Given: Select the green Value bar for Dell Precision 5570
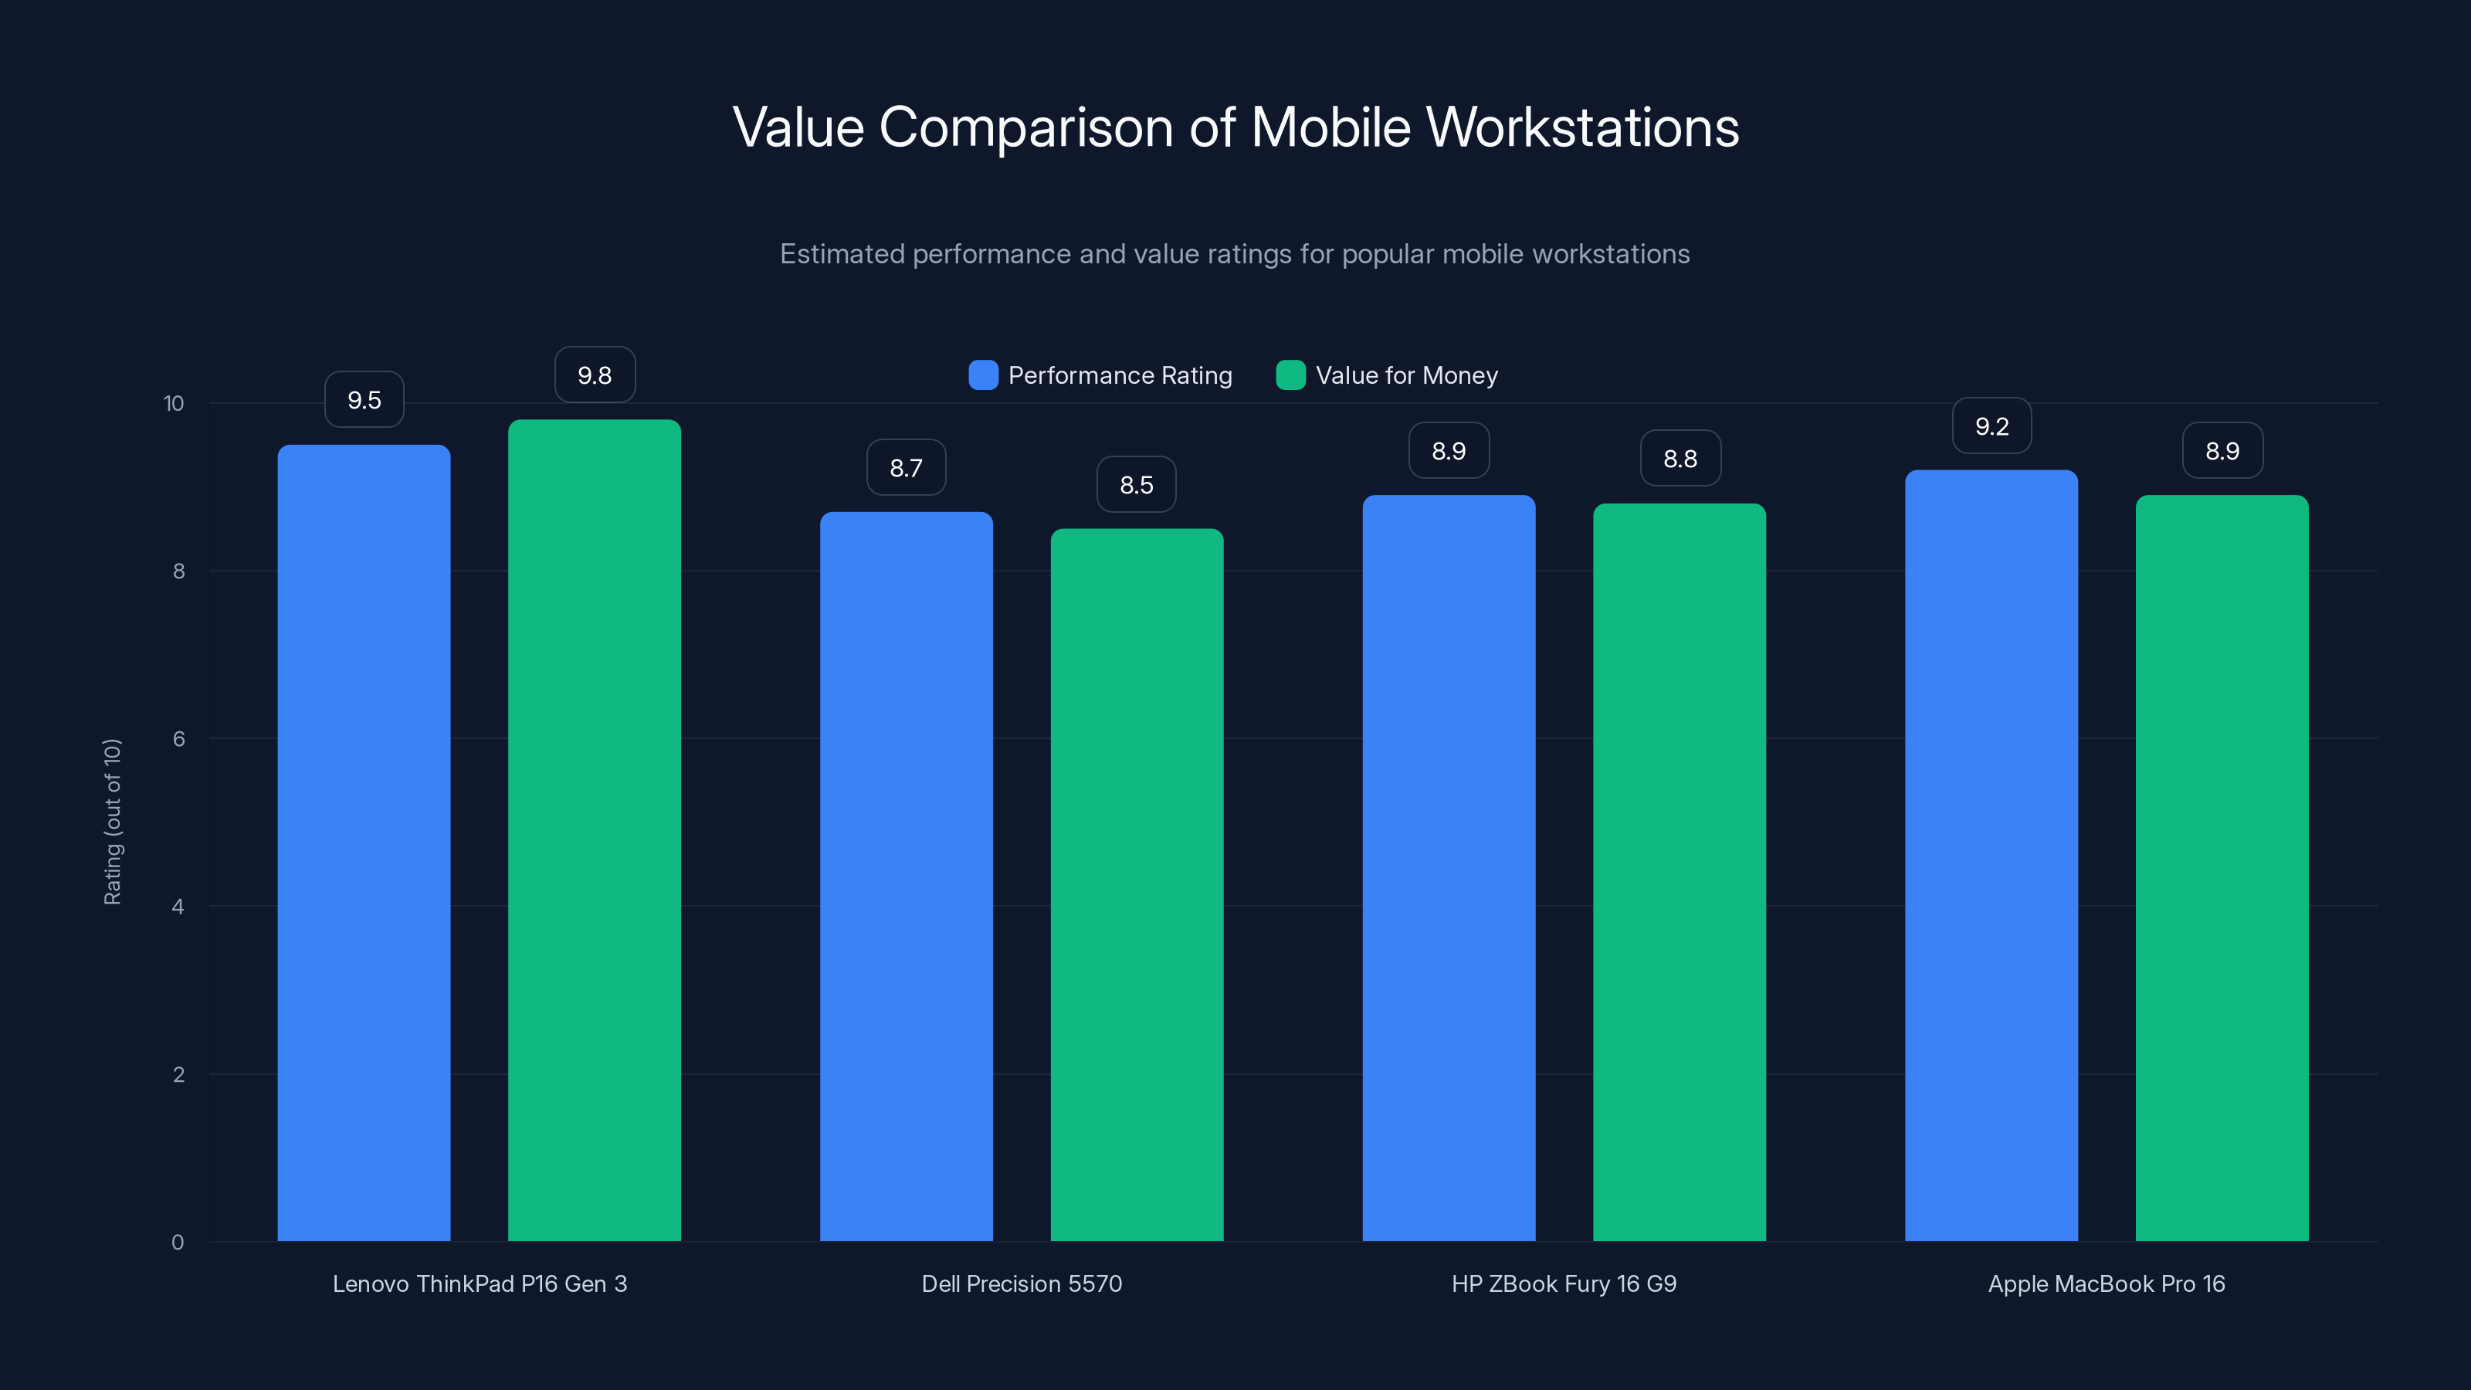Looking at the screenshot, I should point(1137,883).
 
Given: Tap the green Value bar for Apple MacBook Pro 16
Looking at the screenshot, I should point(2222,867).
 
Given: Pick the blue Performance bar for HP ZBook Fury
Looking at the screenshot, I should point(1449,867).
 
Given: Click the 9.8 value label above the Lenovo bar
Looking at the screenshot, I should point(595,375).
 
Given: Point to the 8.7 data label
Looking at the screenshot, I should point(906,468).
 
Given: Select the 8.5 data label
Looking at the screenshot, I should point(1137,486).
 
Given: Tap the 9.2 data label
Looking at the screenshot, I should point(1991,426).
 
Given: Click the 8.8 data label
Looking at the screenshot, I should point(1680,459).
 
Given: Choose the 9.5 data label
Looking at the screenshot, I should point(364,400).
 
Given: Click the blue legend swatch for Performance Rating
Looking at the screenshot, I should point(983,375).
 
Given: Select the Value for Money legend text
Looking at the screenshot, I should point(1406,375).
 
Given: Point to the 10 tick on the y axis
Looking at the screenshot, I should point(174,404).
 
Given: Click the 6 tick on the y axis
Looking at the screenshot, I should point(178,739).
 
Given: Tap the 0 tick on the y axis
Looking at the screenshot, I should point(178,1243).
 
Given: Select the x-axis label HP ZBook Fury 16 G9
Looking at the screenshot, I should point(1564,1283).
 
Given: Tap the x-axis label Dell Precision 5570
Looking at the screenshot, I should point(1022,1283).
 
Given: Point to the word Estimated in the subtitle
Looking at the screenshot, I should point(841,254).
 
